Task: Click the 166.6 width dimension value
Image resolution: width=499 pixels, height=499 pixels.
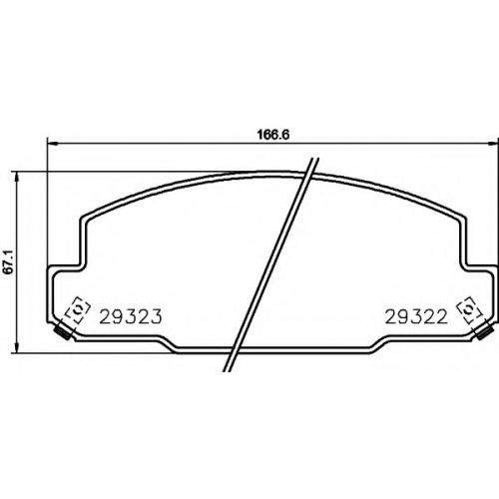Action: (x=268, y=135)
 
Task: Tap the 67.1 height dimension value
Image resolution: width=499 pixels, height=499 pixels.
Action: (x=9, y=262)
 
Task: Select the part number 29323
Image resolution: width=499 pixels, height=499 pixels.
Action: (x=131, y=316)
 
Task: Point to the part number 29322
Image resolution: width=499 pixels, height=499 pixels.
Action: (x=416, y=316)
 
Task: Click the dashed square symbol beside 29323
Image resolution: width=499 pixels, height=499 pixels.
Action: (x=77, y=309)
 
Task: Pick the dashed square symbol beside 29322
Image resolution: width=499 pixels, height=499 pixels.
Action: (x=469, y=309)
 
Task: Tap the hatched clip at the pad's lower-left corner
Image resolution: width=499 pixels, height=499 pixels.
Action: (x=63, y=332)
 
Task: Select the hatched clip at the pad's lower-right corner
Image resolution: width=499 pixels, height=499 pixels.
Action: (x=484, y=332)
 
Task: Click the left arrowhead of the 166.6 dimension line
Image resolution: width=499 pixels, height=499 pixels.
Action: (x=53, y=144)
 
